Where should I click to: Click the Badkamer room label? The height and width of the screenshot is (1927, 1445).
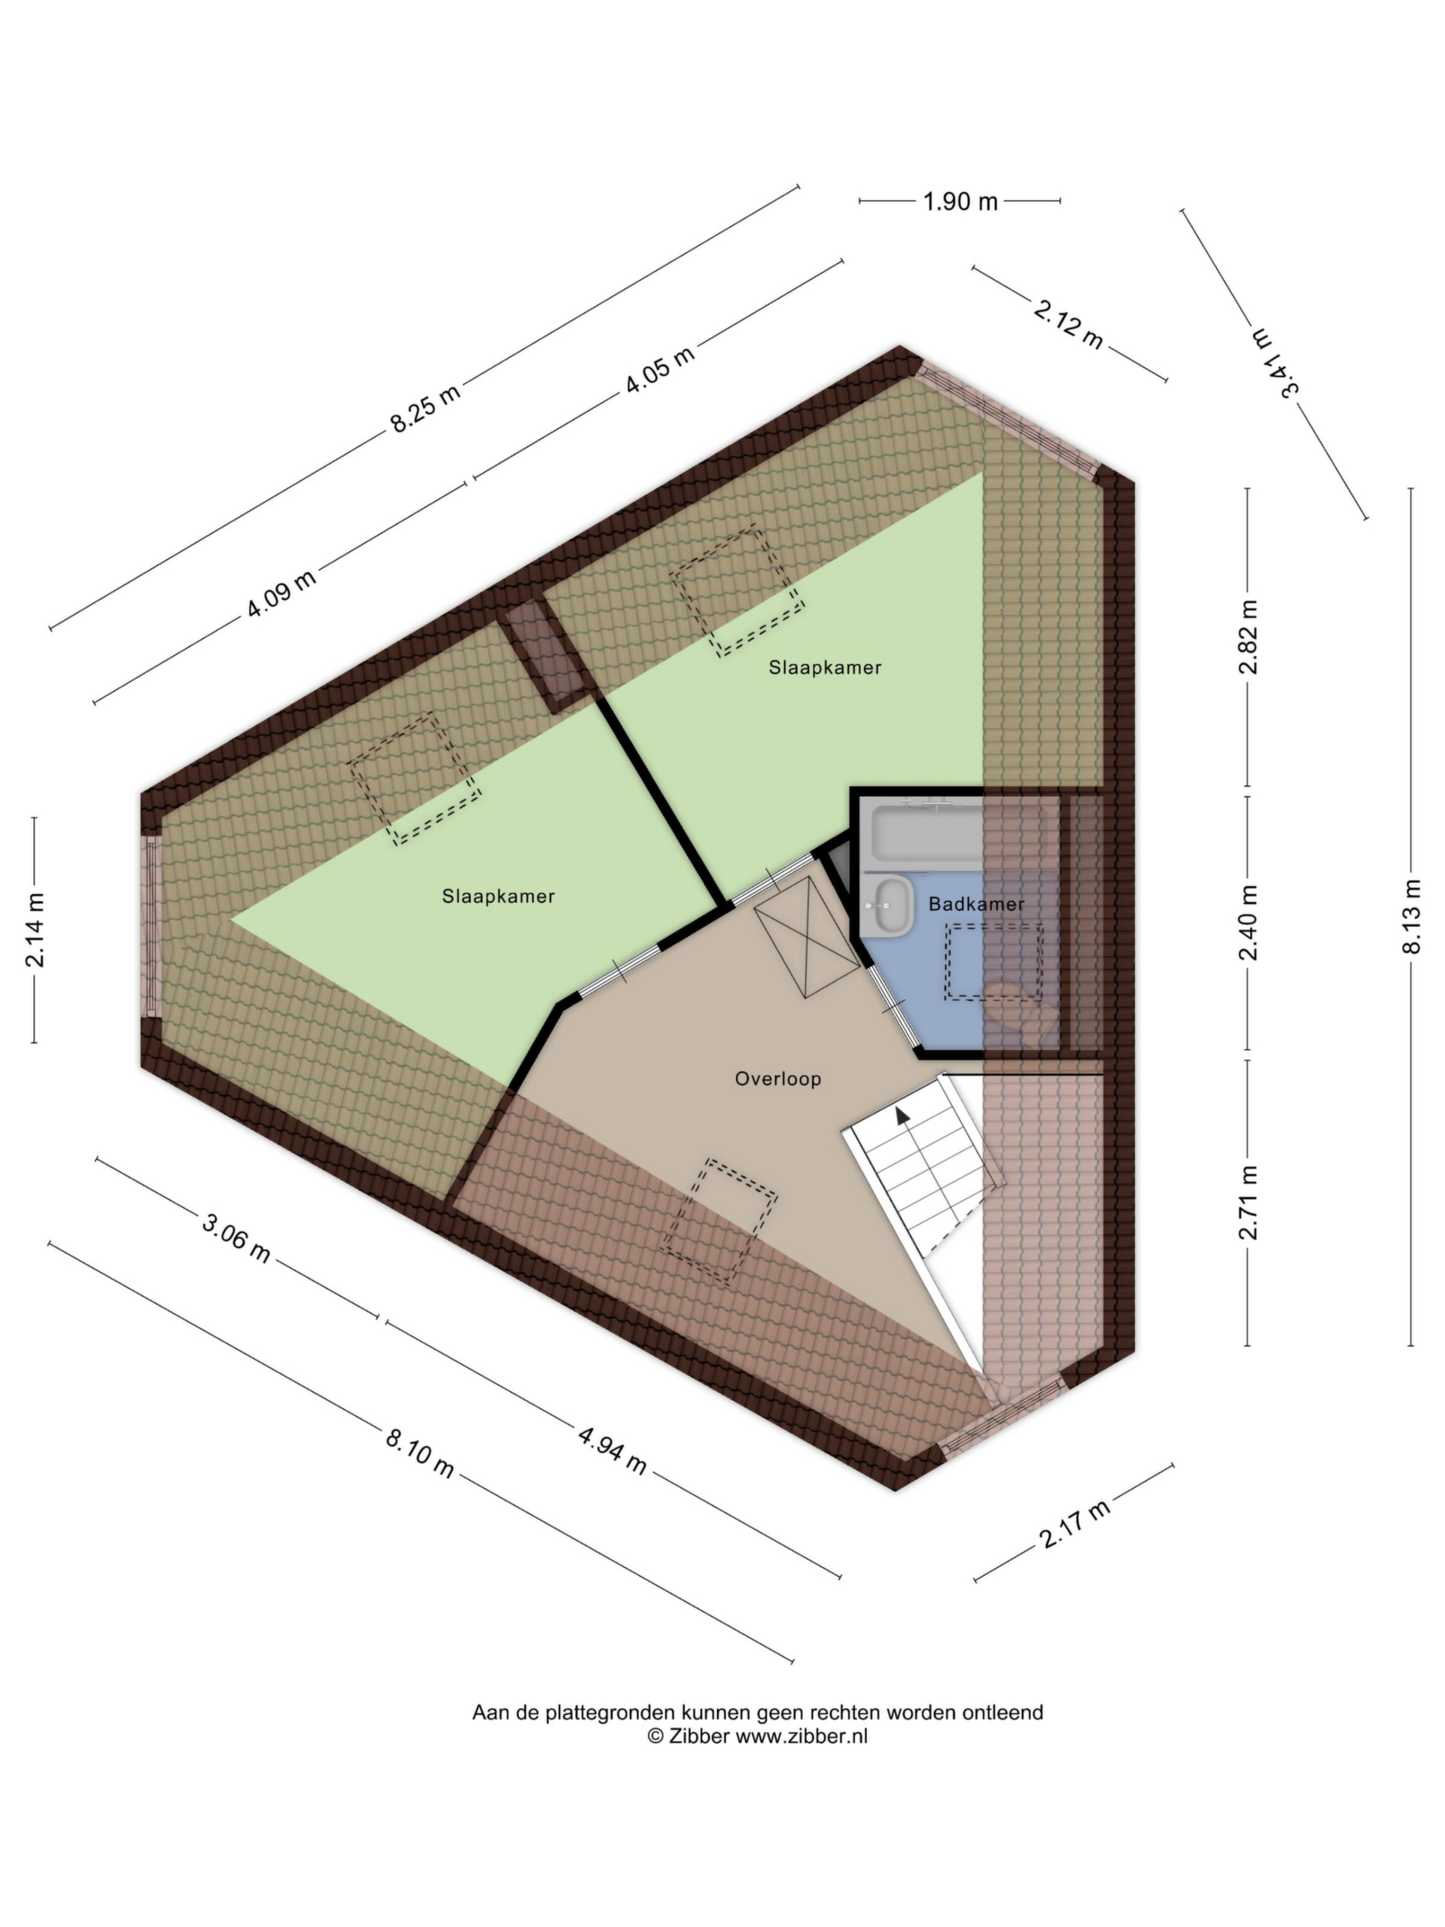point(975,904)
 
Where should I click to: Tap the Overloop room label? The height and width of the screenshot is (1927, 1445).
point(777,1079)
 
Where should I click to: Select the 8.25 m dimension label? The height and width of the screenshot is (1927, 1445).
point(424,406)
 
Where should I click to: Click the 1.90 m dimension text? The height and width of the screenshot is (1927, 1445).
point(960,201)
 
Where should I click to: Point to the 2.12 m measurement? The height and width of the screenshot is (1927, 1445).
point(1069,323)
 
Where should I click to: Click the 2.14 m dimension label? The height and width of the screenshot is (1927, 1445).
point(35,930)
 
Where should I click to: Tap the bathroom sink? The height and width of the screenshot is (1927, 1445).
point(887,906)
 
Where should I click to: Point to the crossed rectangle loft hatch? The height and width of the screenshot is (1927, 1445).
point(807,936)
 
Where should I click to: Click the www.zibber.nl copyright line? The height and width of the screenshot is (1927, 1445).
point(757,1737)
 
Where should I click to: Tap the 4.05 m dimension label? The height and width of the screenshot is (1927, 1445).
point(659,370)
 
